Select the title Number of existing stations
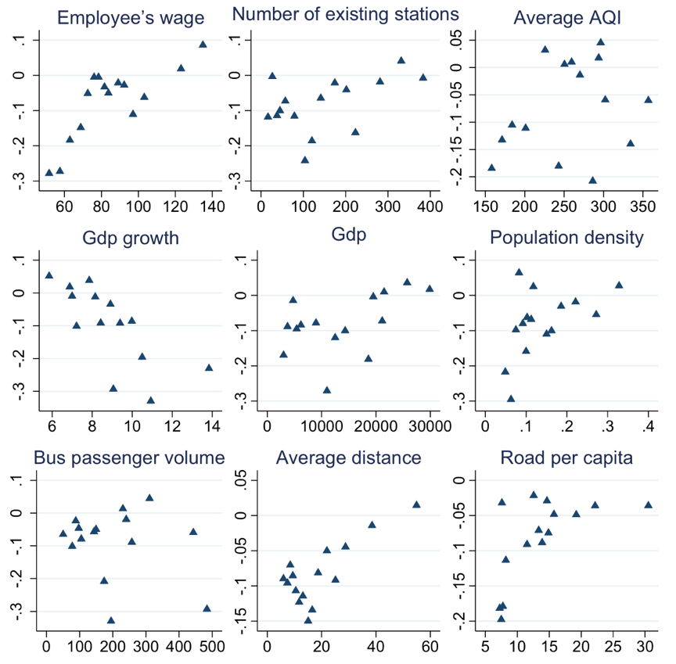[345, 14]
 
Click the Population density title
[566, 237]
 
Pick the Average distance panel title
[349, 458]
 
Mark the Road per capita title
[566, 458]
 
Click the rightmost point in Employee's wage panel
[203, 45]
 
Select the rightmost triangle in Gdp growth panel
[209, 368]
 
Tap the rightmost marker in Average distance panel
[416, 504]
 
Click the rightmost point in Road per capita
[648, 504]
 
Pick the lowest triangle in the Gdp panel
[327, 389]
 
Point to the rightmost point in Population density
[619, 285]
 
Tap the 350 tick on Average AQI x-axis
[643, 207]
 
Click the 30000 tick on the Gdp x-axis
[430, 427]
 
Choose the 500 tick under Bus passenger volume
[212, 647]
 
